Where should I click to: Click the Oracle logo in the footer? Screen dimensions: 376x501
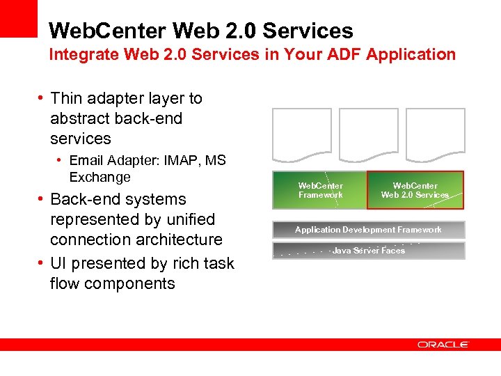[x=443, y=345]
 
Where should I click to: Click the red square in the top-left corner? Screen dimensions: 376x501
[x=18, y=18]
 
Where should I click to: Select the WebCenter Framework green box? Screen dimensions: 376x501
[x=319, y=190]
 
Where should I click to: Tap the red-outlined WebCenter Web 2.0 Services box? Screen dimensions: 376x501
[x=415, y=190]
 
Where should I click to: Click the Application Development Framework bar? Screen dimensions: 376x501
[x=368, y=230]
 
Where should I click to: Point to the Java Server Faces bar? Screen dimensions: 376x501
[x=368, y=251]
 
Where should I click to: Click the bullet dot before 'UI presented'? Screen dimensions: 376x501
[x=41, y=263]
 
